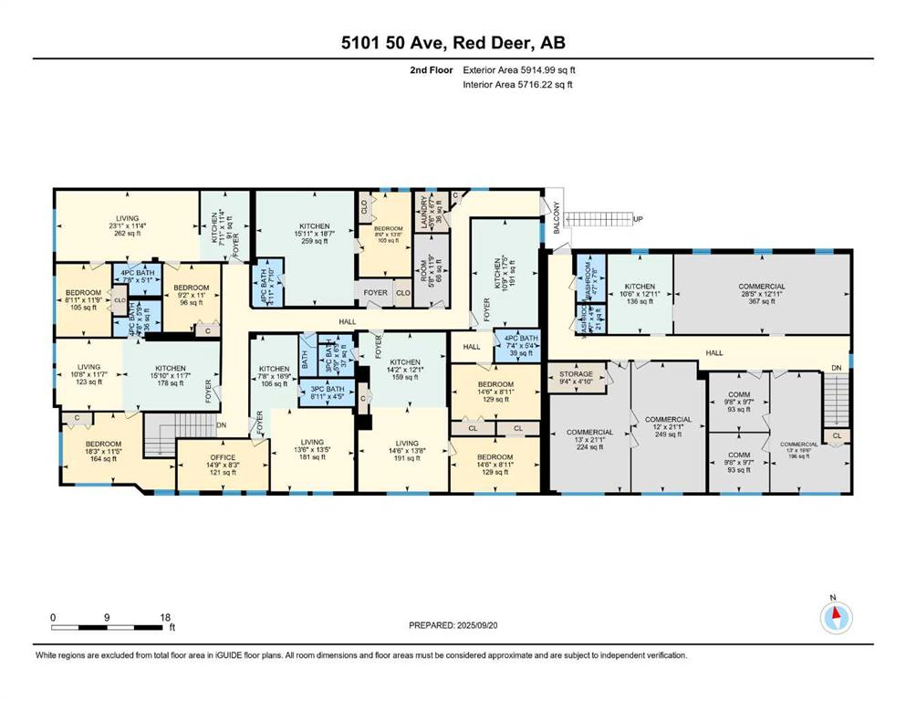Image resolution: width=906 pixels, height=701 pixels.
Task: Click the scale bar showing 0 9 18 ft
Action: (x=109, y=624)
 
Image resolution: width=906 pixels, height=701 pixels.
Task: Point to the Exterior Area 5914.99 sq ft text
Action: (x=519, y=69)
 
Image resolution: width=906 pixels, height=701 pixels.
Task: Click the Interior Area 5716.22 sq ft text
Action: (x=518, y=85)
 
